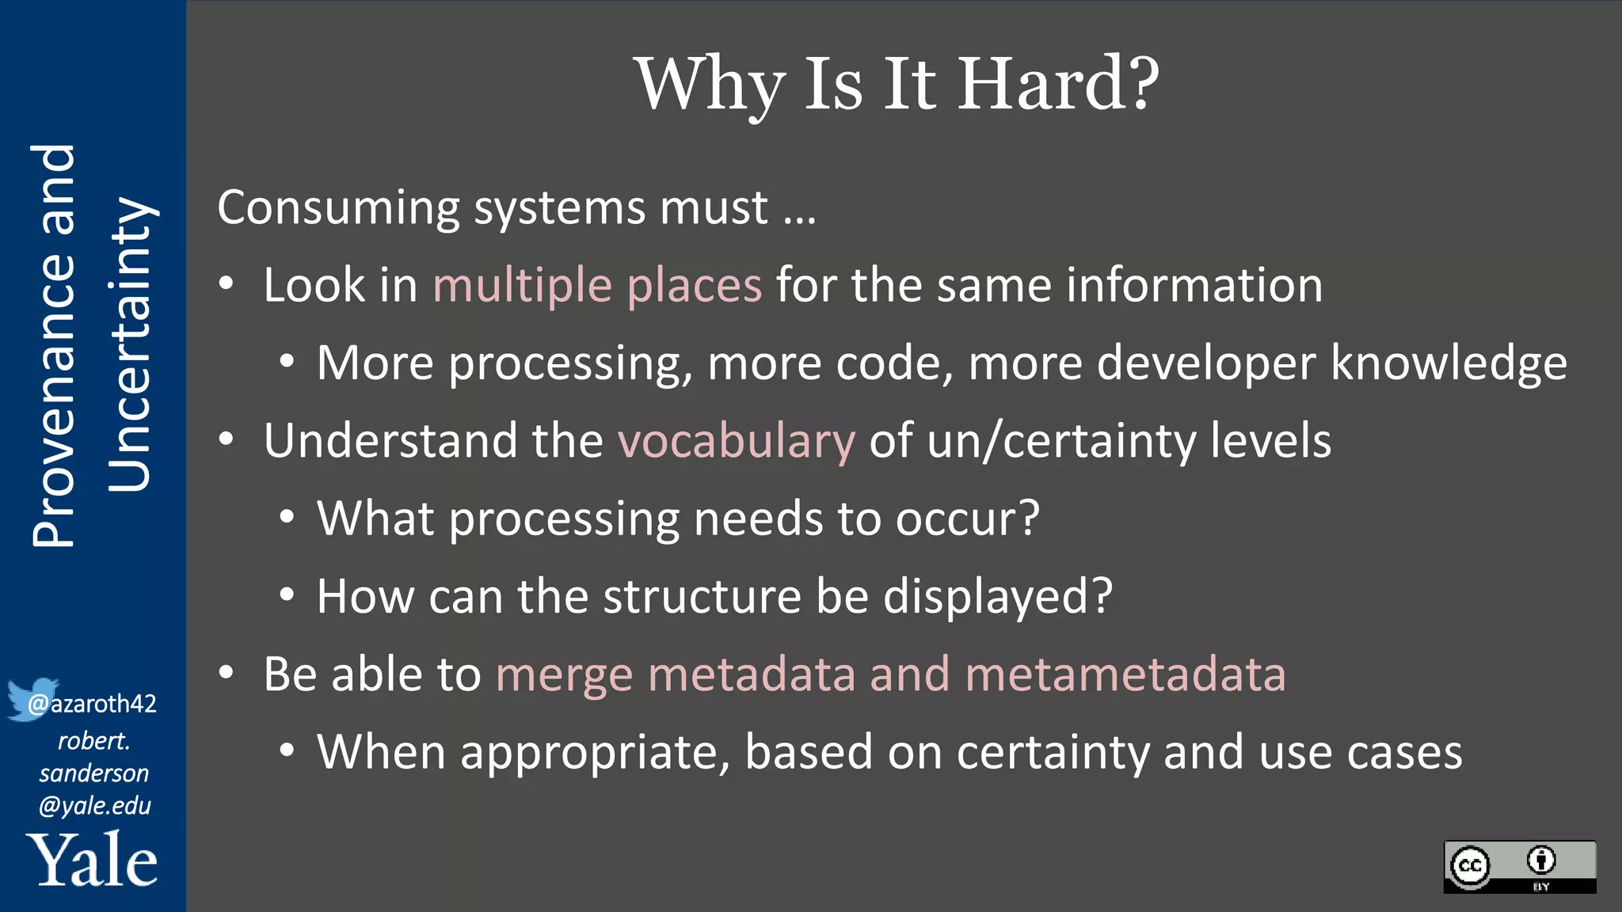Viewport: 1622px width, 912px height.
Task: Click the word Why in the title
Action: pyautogui.click(x=710, y=85)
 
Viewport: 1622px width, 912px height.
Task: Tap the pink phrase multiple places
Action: pyautogui.click(x=597, y=285)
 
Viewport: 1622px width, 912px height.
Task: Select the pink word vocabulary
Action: pyautogui.click(x=737, y=441)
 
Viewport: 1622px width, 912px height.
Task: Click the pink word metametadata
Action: pyautogui.click(x=1125, y=674)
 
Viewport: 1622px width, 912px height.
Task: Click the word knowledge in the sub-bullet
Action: pyautogui.click(x=1449, y=363)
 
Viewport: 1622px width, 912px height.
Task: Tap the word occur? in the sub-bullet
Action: pyautogui.click(x=967, y=519)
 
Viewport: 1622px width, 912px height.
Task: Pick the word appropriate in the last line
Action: pyautogui.click(x=595, y=753)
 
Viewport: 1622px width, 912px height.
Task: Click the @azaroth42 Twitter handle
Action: pyautogui.click(x=93, y=704)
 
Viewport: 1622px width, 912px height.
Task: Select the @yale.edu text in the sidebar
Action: pyautogui.click(x=94, y=806)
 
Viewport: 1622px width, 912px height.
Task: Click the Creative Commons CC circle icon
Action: pyautogui.click(x=1471, y=866)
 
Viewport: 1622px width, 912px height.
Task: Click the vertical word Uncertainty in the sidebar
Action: pyautogui.click(x=129, y=344)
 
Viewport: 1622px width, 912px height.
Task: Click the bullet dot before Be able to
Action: pyautogui.click(x=227, y=673)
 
